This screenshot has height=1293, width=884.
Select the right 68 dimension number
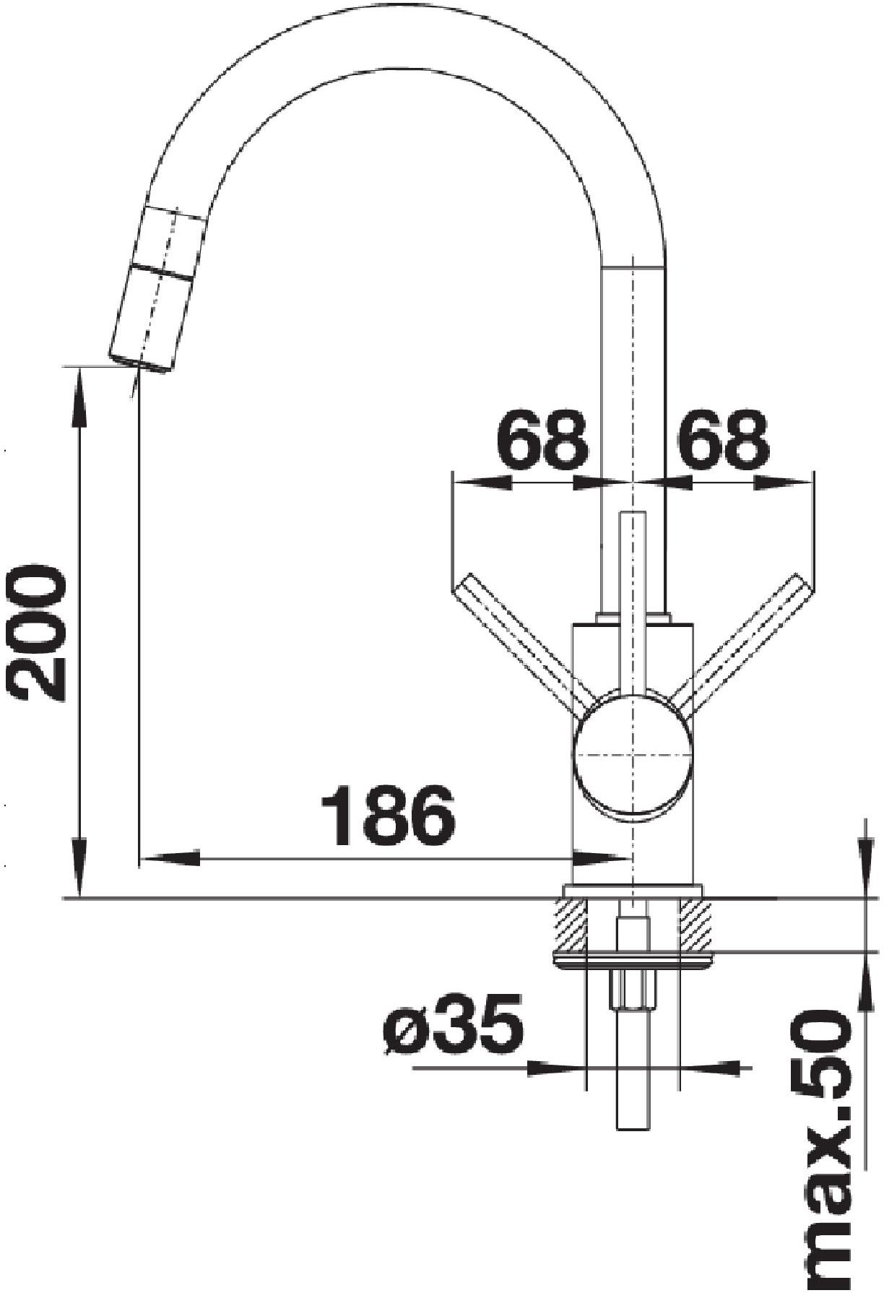[722, 438]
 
